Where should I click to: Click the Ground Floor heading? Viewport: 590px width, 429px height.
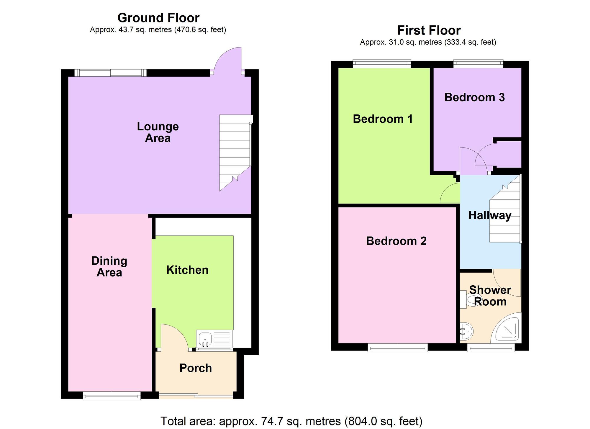pyautogui.click(x=158, y=18)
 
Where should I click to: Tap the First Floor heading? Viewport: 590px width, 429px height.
pyautogui.click(x=429, y=30)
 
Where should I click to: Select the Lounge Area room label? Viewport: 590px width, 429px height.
pyautogui.click(x=158, y=132)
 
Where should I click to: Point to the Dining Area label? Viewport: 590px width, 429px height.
pyautogui.click(x=109, y=266)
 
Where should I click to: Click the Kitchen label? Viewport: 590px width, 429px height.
pyautogui.click(x=187, y=270)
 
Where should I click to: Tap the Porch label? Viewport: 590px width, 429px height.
pyautogui.click(x=196, y=368)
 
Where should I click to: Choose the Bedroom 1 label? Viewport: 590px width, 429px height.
pyautogui.click(x=383, y=119)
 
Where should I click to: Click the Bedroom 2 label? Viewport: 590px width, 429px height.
pyautogui.click(x=396, y=241)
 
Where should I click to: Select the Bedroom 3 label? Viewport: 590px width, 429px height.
pyautogui.click(x=474, y=97)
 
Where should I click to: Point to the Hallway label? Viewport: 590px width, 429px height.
pyautogui.click(x=490, y=215)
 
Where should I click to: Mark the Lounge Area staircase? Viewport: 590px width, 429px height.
pyautogui.click(x=235, y=153)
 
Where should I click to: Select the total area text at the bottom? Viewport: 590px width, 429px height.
pyautogui.click(x=291, y=421)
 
